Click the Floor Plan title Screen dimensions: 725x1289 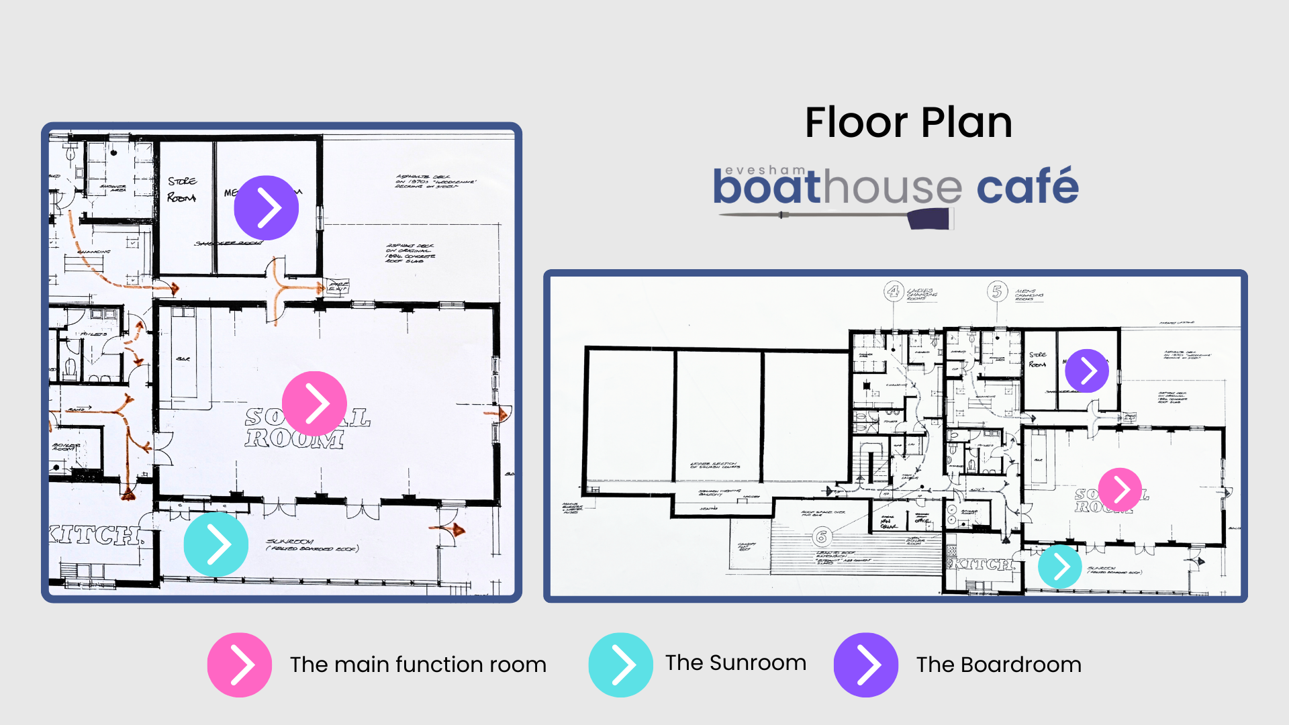(908, 123)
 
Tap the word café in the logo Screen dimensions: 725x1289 (1027, 187)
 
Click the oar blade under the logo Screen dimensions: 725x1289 (929, 219)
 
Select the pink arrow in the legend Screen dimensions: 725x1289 (240, 665)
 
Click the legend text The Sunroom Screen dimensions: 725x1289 (735, 663)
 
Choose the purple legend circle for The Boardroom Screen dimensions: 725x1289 (865, 665)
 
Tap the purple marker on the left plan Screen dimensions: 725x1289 (266, 208)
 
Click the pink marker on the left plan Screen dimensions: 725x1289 (314, 403)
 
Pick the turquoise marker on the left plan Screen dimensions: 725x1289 (216, 544)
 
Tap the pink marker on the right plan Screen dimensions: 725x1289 (1120, 489)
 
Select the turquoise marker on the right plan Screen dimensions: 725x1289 (1059, 567)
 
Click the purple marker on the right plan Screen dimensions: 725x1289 (1086, 371)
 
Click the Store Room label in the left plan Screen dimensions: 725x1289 (182, 189)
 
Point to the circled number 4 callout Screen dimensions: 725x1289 (893, 291)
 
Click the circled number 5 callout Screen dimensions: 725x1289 (997, 291)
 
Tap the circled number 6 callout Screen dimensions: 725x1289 (821, 536)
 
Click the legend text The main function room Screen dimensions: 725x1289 (418, 665)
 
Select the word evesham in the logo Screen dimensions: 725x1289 (765, 171)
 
